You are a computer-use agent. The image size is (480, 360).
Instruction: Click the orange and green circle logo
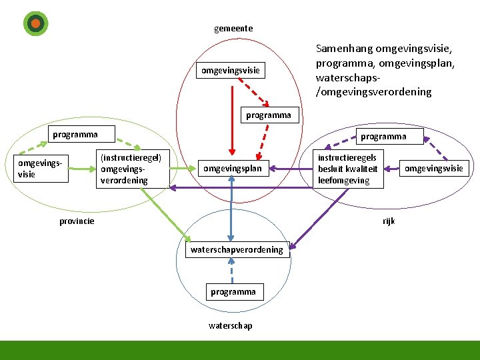[x=35, y=23]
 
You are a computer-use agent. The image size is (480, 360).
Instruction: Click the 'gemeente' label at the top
[x=233, y=29]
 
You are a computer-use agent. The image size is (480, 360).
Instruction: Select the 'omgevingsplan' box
[x=232, y=169]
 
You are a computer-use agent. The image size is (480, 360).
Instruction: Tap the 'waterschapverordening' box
[x=237, y=250]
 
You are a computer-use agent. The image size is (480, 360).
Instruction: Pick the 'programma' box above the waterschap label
[x=233, y=292]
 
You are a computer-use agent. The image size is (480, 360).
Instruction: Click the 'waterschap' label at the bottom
[x=231, y=326]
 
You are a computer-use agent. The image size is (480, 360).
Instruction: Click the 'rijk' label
[x=389, y=221]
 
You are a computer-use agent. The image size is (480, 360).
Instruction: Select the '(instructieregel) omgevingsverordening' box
[x=131, y=169]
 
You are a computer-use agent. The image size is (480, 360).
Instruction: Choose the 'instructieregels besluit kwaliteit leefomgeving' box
[x=348, y=169]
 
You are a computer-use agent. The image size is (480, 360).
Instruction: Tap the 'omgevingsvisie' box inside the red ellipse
[x=231, y=70]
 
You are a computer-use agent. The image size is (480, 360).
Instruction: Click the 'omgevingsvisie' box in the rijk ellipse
[x=433, y=168]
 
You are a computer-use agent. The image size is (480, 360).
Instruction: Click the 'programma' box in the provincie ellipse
[x=75, y=134]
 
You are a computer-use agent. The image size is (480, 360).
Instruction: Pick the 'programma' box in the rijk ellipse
[x=383, y=137]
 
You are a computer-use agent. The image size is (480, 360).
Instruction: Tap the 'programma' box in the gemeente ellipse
[x=268, y=115]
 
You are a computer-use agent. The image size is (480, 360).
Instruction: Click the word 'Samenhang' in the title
[x=344, y=49]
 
